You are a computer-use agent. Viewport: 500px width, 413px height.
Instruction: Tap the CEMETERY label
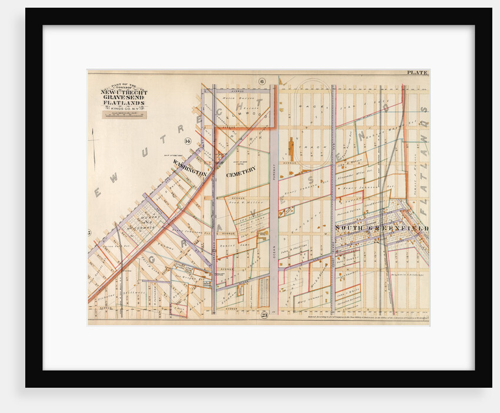[241, 171]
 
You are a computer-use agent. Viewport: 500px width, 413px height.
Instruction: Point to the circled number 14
[188, 141]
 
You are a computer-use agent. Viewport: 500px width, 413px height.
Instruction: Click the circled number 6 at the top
[262, 81]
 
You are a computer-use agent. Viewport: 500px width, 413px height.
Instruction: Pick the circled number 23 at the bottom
[264, 315]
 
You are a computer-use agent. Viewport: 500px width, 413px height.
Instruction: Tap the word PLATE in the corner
[418, 72]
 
